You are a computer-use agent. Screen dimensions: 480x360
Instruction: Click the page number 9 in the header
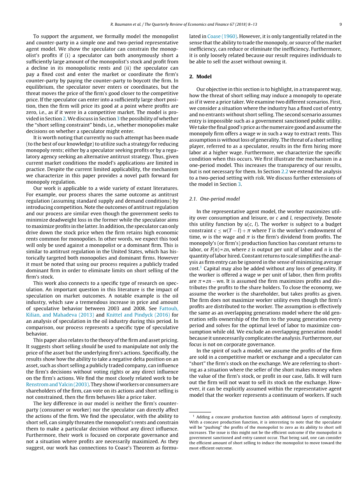[341, 24]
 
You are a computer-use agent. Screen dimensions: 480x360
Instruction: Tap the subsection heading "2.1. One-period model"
[214, 199]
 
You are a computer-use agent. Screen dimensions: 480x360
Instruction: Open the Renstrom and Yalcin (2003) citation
[58, 384]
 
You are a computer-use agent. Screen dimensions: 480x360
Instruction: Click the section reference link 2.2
[286, 172]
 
